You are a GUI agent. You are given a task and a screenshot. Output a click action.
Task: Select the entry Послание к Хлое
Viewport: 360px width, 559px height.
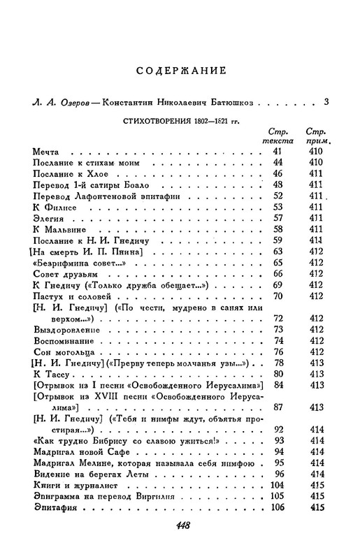click(x=66, y=173)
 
